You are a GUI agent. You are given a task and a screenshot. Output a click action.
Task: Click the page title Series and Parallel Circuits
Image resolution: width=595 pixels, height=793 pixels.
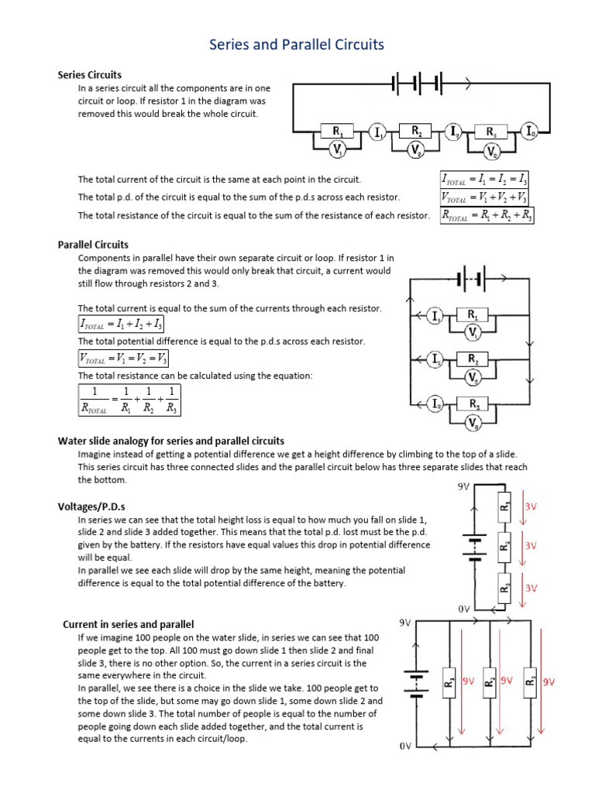coord(297,45)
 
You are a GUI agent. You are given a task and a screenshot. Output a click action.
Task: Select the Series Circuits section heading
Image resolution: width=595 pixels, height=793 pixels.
coord(90,75)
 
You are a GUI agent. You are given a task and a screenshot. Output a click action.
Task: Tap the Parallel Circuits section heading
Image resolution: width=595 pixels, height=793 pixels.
coord(93,245)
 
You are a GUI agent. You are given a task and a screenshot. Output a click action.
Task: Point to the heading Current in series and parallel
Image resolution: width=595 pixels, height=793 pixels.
coord(128,624)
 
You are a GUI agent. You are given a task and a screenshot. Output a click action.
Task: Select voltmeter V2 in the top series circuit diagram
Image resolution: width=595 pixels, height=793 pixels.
coord(416,149)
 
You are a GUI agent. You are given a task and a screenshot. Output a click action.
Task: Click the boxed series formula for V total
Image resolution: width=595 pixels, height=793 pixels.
coord(486,197)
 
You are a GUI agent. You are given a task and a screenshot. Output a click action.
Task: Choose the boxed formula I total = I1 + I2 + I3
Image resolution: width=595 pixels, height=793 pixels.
coord(121,324)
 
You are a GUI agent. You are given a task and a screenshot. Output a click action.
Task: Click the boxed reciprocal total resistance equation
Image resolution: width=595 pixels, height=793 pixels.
coord(129,399)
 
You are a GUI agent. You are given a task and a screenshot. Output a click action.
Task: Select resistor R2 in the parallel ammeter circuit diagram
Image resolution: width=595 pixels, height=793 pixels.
coord(473,359)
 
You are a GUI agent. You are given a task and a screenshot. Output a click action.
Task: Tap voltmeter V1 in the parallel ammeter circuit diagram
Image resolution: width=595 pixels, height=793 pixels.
coord(473,332)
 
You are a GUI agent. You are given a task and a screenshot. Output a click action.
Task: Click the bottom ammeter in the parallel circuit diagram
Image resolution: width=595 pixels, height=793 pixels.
coord(436,404)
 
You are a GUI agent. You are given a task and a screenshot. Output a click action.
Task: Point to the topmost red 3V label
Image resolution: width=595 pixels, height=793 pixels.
coord(531,506)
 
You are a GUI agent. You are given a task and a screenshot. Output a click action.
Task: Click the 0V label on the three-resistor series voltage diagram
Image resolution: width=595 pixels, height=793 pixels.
coord(463,609)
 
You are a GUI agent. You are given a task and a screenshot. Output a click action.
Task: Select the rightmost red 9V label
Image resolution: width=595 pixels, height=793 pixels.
coord(549,682)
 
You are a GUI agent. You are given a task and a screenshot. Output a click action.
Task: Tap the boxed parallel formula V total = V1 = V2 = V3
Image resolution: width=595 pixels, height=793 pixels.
coord(123,358)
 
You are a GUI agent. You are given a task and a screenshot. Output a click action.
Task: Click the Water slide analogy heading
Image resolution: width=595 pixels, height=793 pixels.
coord(171,441)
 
